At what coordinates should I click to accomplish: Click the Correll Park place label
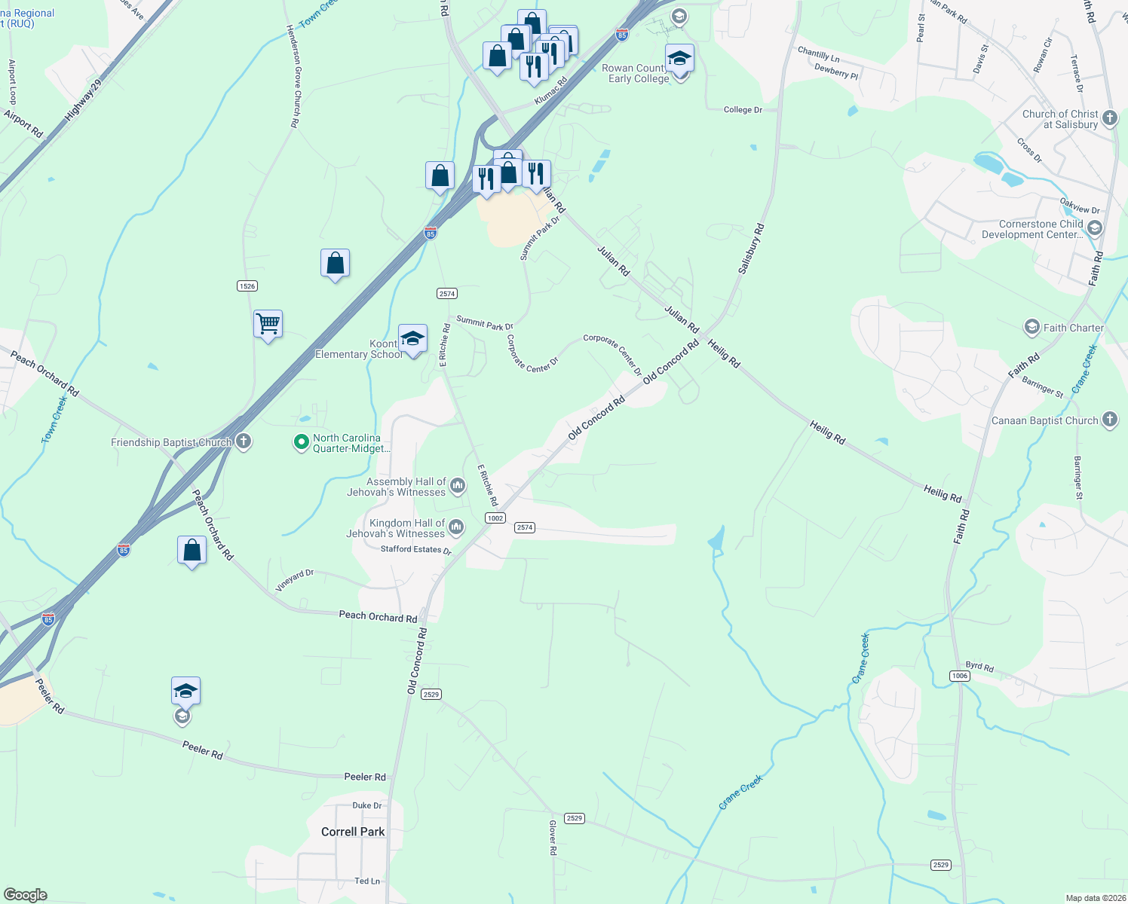tap(353, 832)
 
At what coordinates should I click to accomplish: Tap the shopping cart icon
tap(268, 325)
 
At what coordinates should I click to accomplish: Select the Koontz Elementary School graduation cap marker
tap(412, 339)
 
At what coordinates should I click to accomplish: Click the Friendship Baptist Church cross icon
tap(244, 441)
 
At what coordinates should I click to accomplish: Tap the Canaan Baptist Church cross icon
tap(1109, 420)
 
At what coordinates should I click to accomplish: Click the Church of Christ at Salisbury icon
tap(1109, 118)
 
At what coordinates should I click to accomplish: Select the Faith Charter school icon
tap(1031, 327)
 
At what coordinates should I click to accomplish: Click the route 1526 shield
tap(247, 286)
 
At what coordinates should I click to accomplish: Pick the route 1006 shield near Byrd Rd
tap(960, 676)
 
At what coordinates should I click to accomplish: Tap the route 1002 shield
tap(495, 518)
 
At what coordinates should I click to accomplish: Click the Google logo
tap(26, 895)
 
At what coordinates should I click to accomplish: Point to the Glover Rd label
tap(553, 838)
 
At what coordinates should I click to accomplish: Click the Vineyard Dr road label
tap(295, 579)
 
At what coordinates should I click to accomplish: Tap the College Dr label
tap(743, 109)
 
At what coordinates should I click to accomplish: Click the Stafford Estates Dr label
tap(415, 549)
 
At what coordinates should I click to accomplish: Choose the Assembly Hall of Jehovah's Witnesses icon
tap(457, 487)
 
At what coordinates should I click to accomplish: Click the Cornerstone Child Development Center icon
tap(1095, 228)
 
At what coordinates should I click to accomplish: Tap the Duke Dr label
tap(367, 805)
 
